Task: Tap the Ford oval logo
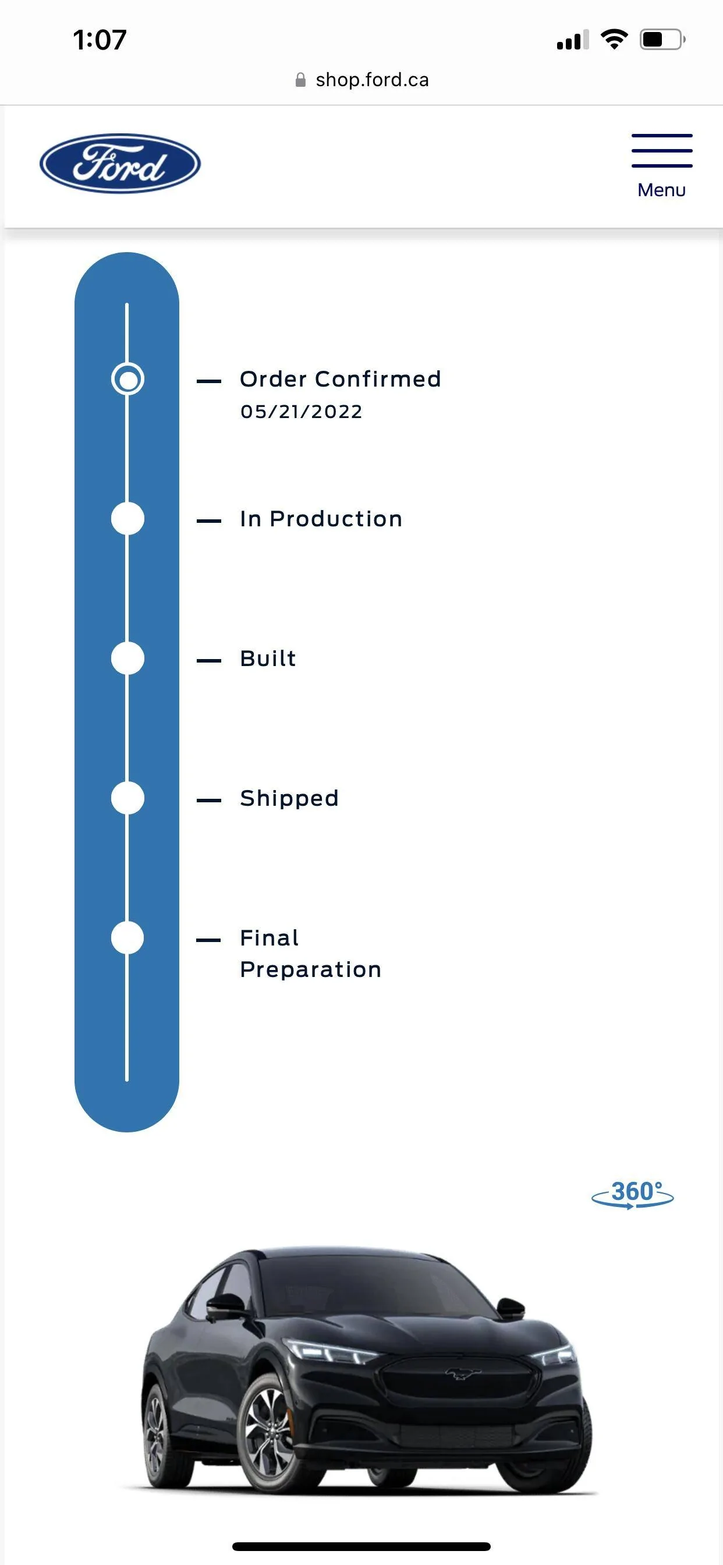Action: click(x=120, y=164)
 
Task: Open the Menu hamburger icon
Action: click(x=662, y=151)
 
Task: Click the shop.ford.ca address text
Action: click(x=372, y=80)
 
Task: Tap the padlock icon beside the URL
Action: click(x=300, y=80)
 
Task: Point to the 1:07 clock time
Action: click(x=100, y=40)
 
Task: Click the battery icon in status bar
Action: click(x=662, y=40)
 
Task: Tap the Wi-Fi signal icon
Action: click(x=614, y=40)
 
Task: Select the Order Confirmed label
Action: click(x=340, y=378)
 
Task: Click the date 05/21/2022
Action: click(x=302, y=411)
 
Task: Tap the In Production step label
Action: click(x=321, y=518)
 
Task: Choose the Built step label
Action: click(x=268, y=658)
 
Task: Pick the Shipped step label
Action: click(x=289, y=798)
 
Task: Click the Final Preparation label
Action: click(x=310, y=953)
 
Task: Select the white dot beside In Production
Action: click(x=127, y=518)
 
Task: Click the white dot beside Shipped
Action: click(x=127, y=798)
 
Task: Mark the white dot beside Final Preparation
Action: click(x=127, y=937)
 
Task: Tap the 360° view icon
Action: click(x=632, y=1194)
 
